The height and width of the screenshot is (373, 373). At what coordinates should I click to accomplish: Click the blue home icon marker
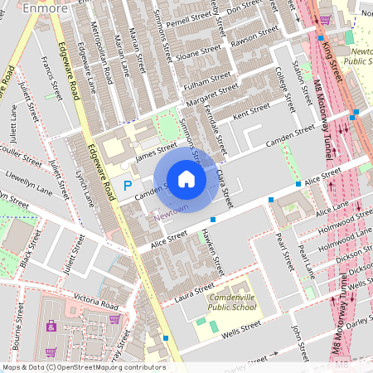186,178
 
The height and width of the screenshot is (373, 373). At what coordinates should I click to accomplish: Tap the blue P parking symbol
127,186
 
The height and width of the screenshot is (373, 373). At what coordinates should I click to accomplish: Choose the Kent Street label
251,109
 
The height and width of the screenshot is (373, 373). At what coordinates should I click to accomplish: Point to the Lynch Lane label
85,188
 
